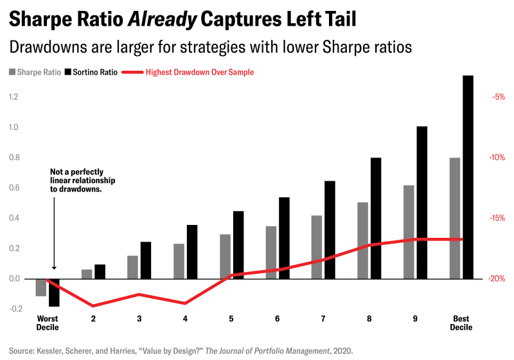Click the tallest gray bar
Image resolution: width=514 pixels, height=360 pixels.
[x=455, y=216]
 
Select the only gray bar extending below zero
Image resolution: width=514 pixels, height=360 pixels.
[x=39, y=289]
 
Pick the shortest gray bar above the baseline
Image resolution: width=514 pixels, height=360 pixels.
[x=85, y=273]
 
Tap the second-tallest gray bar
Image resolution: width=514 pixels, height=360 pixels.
[x=409, y=231]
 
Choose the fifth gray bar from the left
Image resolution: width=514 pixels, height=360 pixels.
[x=224, y=255]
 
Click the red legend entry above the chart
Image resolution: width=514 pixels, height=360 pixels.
[x=188, y=73]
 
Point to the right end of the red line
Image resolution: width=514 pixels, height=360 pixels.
[x=461, y=239]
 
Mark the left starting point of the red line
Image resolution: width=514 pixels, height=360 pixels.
[x=47, y=281]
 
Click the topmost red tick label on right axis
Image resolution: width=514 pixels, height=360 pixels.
[x=500, y=96]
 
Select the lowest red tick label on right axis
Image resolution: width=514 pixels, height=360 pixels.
[x=499, y=278]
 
